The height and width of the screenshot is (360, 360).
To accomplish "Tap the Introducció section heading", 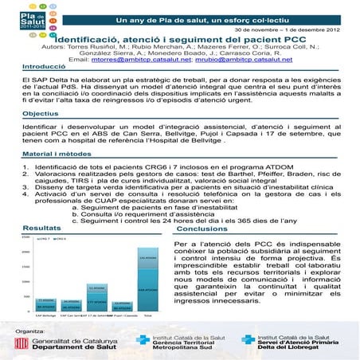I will [28, 68].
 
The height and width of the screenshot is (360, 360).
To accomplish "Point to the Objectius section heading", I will [25, 114].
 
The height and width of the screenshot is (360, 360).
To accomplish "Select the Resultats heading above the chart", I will [24, 229].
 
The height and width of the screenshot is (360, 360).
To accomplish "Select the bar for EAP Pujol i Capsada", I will [122, 307].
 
